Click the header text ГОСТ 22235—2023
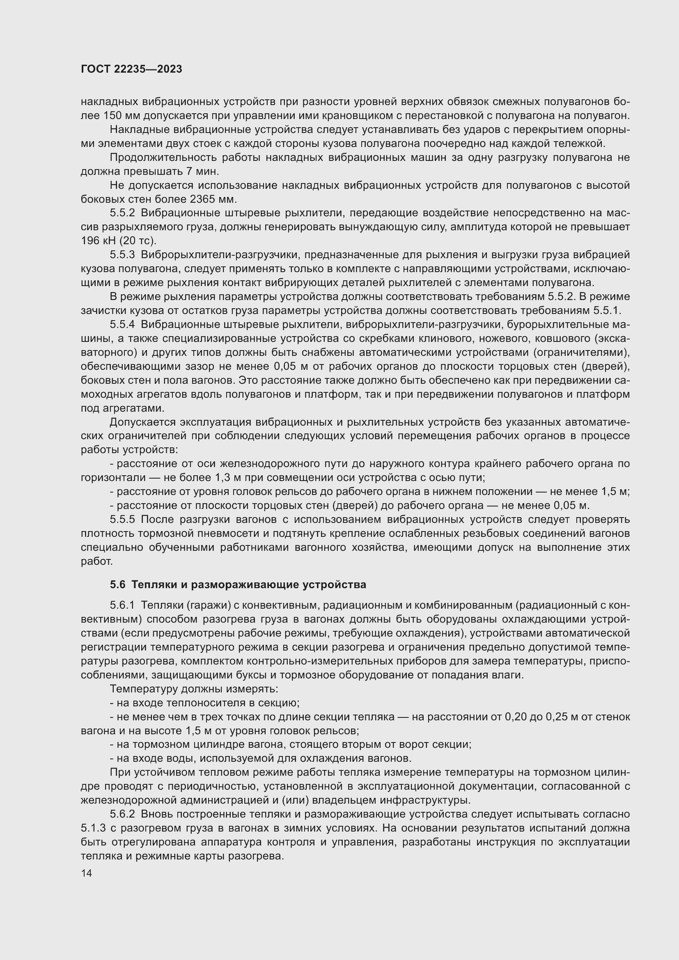(x=131, y=69)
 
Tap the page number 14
(x=87, y=873)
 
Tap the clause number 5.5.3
(x=122, y=254)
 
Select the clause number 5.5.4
(x=122, y=325)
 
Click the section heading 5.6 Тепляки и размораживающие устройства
(x=238, y=584)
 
